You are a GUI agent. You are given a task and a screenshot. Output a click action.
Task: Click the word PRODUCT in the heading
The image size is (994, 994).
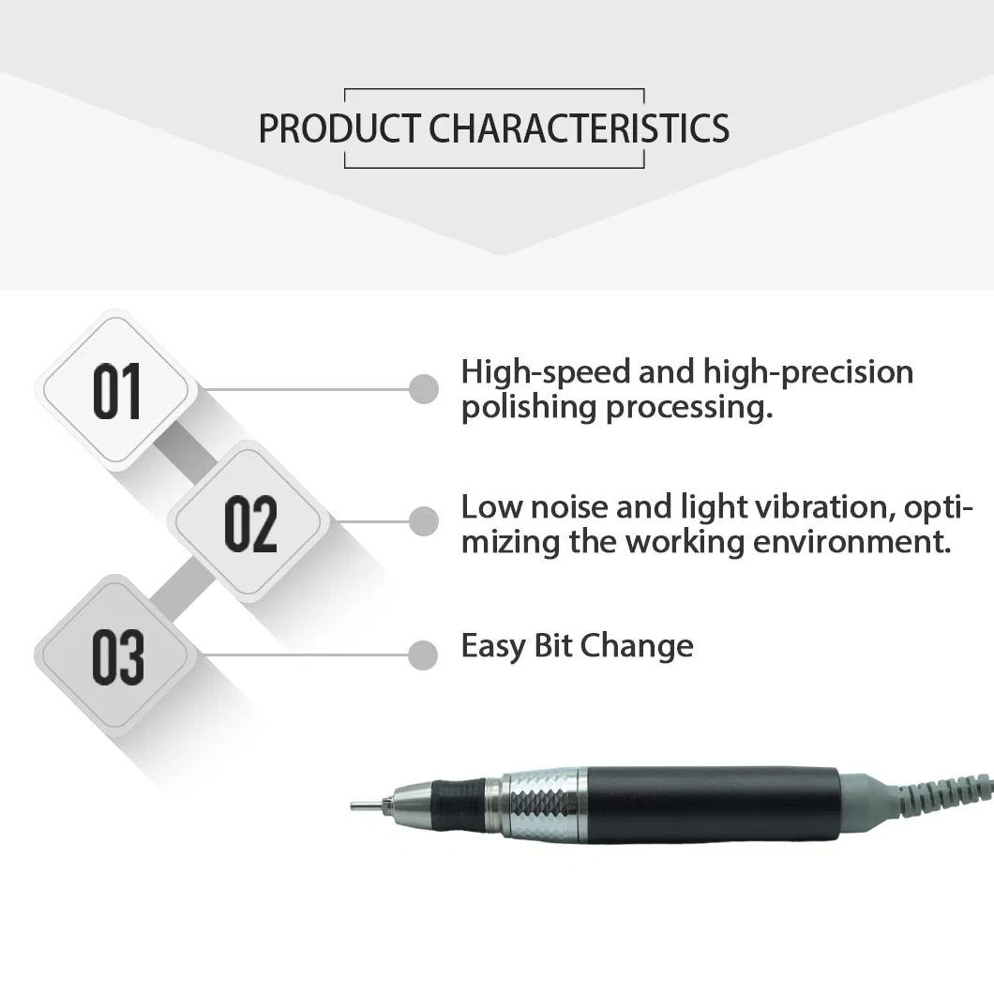[x=340, y=128]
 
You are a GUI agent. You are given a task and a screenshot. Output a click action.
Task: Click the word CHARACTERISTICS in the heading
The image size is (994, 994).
[x=580, y=128]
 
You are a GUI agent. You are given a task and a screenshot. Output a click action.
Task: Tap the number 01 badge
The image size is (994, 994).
[x=117, y=390]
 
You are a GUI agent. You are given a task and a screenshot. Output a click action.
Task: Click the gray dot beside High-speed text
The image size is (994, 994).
[x=424, y=388]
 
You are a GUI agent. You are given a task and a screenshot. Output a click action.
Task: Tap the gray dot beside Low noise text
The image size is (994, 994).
[x=424, y=521]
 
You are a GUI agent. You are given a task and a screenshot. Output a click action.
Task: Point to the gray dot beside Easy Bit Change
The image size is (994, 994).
[x=424, y=655]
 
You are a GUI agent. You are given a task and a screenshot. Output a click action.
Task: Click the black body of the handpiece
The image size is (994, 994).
[x=713, y=805]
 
